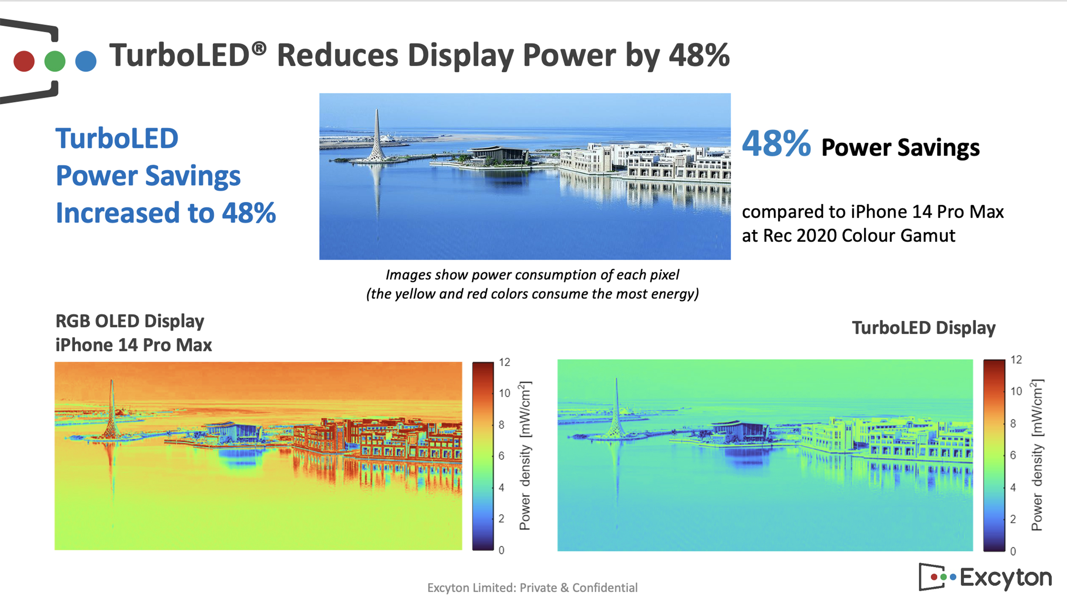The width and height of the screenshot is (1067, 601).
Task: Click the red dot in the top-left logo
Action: (24, 61)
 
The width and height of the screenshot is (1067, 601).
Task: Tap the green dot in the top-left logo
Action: (55, 61)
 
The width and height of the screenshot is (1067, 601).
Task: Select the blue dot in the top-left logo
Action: (86, 61)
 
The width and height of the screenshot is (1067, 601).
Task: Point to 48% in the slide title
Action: (699, 56)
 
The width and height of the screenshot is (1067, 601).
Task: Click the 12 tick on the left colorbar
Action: (504, 362)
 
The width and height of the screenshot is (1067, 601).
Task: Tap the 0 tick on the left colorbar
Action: (501, 550)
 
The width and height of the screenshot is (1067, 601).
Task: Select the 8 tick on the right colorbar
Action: (1013, 423)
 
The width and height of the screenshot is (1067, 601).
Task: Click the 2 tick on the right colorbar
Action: (1013, 519)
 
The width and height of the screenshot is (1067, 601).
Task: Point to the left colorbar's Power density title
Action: (525, 456)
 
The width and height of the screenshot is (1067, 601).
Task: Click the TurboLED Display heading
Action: (923, 328)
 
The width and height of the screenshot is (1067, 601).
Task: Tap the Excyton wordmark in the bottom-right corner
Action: (1005, 577)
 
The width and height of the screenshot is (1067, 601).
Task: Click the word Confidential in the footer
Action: (605, 588)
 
